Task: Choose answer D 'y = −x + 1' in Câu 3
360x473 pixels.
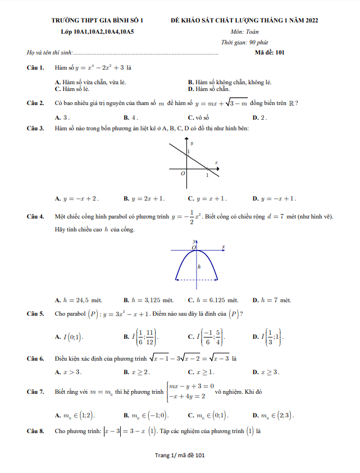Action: (274, 198)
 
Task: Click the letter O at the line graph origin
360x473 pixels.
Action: (183, 174)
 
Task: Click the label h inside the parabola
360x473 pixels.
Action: (199, 266)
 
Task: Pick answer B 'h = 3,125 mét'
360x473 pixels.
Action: (148, 300)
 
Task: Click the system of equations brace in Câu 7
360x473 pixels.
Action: (167, 390)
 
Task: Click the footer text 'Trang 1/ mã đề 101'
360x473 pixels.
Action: (180, 455)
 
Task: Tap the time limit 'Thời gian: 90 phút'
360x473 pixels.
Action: (244, 42)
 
